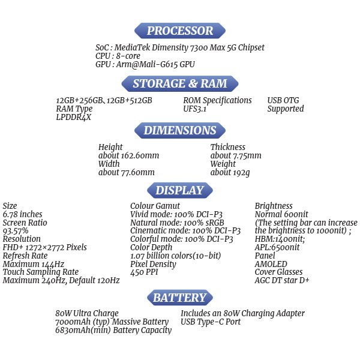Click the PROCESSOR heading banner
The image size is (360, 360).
[180, 31]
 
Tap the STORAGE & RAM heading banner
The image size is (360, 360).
[180, 83]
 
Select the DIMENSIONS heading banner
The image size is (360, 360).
[180, 130]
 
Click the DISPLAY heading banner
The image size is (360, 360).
[180, 190]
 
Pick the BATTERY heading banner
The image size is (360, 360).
[180, 298]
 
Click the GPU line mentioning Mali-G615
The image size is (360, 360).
[145, 64]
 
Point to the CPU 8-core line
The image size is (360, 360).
[118, 56]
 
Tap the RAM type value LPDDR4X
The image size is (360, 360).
[73, 118]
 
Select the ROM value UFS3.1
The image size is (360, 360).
[194, 109]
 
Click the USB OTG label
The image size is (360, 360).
[283, 100]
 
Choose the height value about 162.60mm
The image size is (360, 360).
[128, 155]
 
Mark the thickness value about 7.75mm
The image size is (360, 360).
[236, 155]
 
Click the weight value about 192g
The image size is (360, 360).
[230, 172]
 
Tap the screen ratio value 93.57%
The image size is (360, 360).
[16, 231]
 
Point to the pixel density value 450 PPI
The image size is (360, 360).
[144, 272]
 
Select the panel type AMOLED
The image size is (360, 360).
[271, 264]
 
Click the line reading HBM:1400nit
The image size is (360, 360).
[280, 239]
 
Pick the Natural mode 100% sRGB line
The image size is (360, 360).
[177, 223]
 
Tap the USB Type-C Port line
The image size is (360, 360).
[211, 322]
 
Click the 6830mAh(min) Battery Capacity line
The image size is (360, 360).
[113, 330]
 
